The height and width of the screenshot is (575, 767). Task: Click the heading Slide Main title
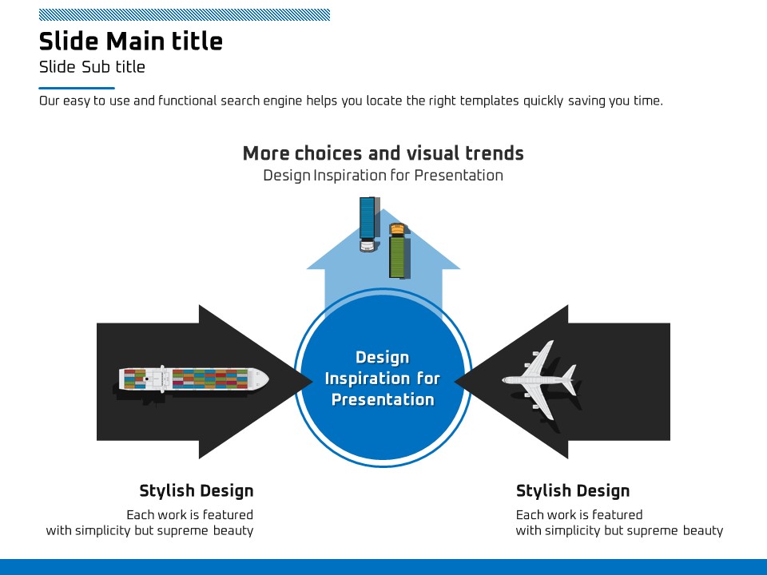(x=130, y=41)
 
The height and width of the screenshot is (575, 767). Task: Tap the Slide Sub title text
(x=92, y=67)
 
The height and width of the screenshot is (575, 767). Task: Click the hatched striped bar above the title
(x=185, y=14)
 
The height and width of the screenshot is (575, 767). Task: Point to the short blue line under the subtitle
(x=77, y=88)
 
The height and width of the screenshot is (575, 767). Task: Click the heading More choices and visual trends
(x=383, y=153)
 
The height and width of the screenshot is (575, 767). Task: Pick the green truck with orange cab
(x=399, y=252)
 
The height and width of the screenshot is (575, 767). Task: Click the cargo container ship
(x=193, y=379)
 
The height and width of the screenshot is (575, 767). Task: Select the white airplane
(x=539, y=380)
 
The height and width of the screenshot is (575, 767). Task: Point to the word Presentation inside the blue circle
(x=383, y=399)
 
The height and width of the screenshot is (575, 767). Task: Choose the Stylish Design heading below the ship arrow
(x=197, y=491)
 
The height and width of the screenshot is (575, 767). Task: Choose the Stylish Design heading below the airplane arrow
(x=573, y=491)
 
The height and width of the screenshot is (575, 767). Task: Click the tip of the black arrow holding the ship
(x=312, y=382)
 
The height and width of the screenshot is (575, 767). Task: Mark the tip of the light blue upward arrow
(x=383, y=209)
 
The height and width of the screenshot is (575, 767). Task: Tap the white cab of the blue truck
(x=368, y=245)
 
